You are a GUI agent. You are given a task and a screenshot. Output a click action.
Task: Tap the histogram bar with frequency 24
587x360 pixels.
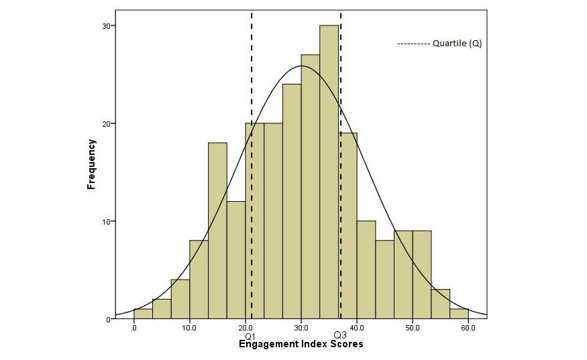(292, 201)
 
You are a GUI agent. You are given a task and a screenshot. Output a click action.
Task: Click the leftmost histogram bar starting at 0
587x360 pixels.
(143, 314)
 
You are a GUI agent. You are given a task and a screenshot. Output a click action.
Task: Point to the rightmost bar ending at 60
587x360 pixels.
(459, 314)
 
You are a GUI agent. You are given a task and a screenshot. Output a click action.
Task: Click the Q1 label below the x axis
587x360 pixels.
(251, 335)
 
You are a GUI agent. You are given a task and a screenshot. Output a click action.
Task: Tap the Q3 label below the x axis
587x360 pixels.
(340, 335)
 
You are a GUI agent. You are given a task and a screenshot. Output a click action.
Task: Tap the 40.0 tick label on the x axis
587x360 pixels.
(357, 328)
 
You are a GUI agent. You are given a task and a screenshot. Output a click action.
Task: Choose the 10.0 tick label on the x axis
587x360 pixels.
(190, 328)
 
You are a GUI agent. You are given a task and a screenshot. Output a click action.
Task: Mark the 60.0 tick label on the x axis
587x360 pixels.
(468, 328)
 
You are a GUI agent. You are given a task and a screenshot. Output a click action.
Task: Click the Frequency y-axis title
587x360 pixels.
(91, 164)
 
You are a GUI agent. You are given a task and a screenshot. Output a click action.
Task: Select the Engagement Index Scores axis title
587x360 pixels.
(301, 345)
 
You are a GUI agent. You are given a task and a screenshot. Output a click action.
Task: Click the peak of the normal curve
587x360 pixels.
(301, 66)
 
